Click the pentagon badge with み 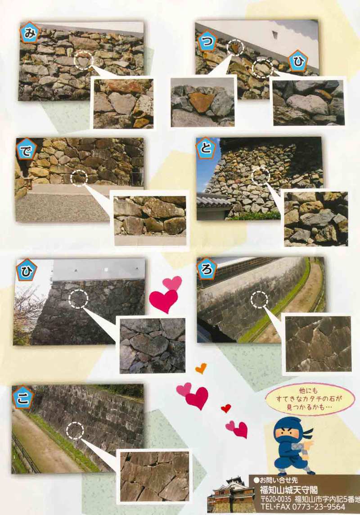tap(30, 33)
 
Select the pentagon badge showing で tap(26, 149)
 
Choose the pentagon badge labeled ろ tap(207, 269)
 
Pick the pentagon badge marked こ tap(22, 398)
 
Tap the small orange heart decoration tap(201, 368)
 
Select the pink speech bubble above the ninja tap(310, 399)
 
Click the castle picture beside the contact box tap(231, 494)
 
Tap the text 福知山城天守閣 tap(289, 490)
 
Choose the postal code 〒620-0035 tap(276, 499)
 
